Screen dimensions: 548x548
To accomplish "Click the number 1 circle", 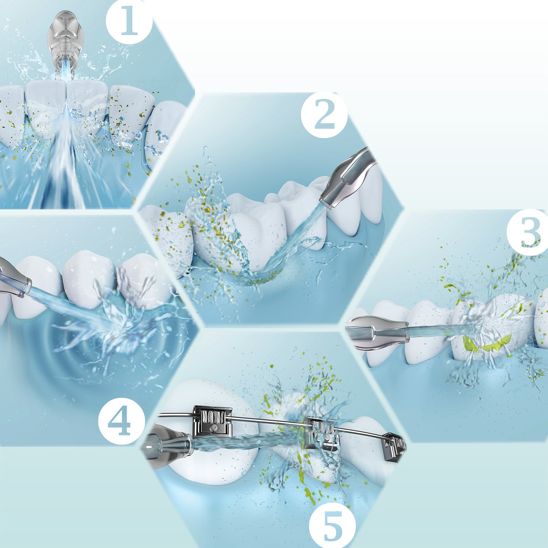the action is pyautogui.click(x=129, y=21).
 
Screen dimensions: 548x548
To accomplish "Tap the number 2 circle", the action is pyautogui.click(x=324, y=115).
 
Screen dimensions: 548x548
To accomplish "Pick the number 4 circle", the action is pyautogui.click(x=121, y=421).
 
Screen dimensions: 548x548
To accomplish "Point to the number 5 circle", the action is pyautogui.click(x=332, y=525).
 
